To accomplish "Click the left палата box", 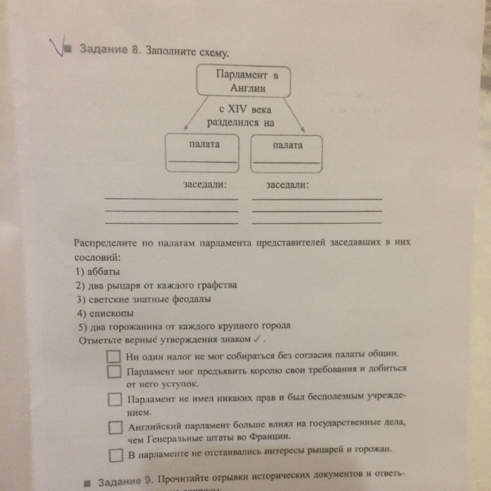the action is (203, 152).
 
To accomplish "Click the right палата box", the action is (286, 152).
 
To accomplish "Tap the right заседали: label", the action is (288, 186).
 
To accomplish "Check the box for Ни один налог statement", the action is (114, 357).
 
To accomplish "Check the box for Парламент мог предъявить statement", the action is (114, 371).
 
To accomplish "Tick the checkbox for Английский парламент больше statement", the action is (115, 427).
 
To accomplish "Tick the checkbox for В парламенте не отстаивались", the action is (115, 454).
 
